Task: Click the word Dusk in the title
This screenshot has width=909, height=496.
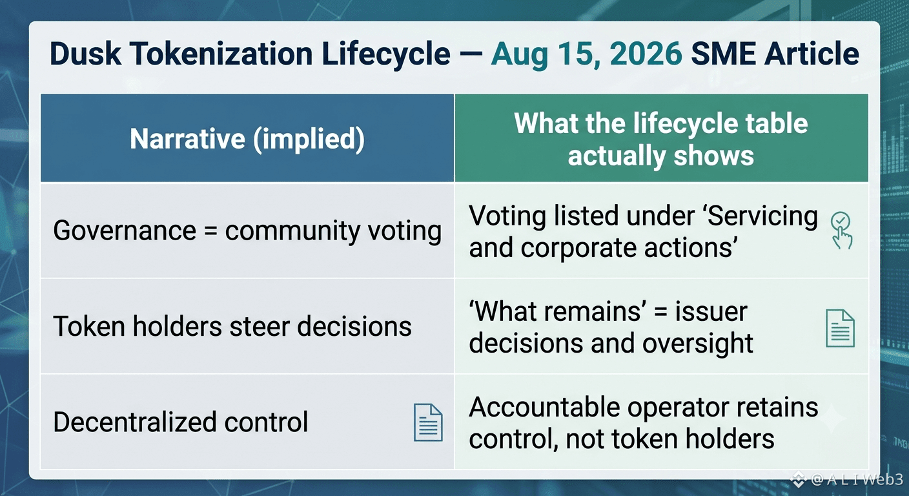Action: point(85,54)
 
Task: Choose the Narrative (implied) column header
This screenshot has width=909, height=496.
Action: point(247,139)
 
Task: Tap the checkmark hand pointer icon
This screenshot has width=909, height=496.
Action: point(841,230)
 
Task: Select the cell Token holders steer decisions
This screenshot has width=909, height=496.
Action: point(232,326)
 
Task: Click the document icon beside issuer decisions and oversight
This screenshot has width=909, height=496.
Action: point(840,328)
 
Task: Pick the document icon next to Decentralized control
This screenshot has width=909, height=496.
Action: point(428,422)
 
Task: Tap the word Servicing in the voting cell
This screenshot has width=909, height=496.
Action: point(762,216)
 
